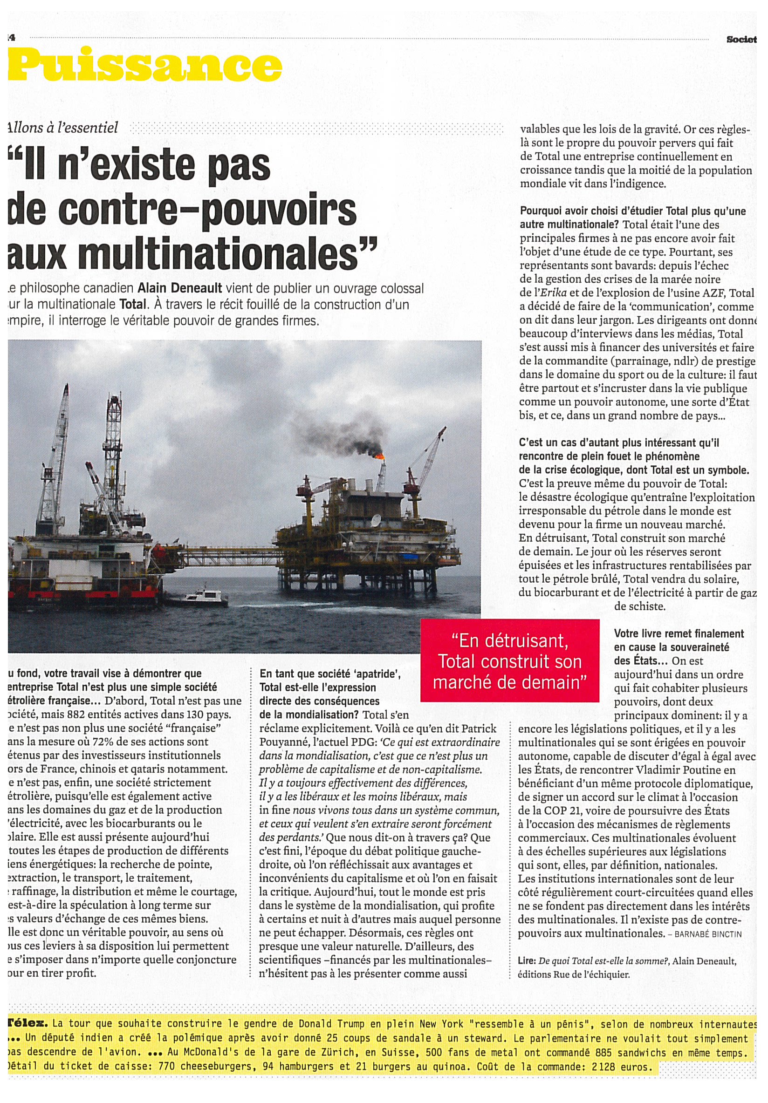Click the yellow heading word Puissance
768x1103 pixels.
coord(144,65)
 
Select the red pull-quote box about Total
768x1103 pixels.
coord(509,660)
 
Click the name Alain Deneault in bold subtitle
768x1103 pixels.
coord(180,288)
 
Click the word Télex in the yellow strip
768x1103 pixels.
coord(28,1023)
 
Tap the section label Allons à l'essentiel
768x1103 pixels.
coord(62,128)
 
